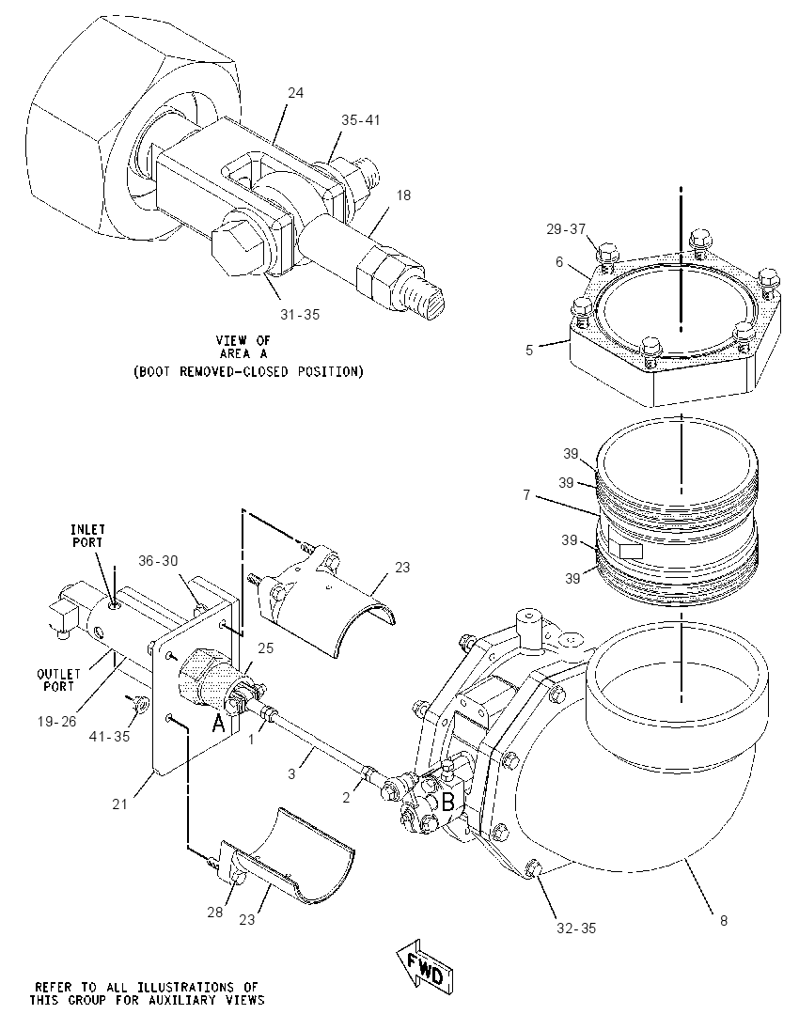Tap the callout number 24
[296, 93]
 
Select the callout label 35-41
[360, 120]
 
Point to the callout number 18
[403, 195]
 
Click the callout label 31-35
[300, 315]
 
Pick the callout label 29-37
[566, 229]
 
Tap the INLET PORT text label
[88, 536]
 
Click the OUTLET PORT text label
[58, 679]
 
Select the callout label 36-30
[158, 560]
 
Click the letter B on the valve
[448, 802]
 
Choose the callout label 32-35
[575, 929]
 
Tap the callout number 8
[724, 920]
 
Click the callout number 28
[215, 913]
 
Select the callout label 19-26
[56, 721]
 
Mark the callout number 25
[265, 648]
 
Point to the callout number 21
[119, 804]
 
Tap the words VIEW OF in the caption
[243, 340]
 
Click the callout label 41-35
[110, 737]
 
